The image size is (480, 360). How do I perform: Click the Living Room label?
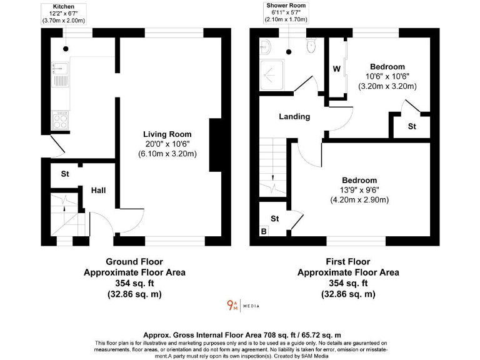(x=167, y=134)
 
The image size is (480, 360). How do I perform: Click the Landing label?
(x=294, y=116)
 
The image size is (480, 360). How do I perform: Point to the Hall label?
(x=99, y=190)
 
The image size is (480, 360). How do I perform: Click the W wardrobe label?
(x=336, y=69)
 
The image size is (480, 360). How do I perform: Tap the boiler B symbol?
(x=263, y=232)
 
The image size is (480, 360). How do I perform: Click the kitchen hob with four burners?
(x=62, y=117)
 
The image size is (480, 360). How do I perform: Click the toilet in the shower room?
(x=311, y=46)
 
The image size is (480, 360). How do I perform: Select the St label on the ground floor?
(x=64, y=174)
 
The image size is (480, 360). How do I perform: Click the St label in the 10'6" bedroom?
(x=412, y=126)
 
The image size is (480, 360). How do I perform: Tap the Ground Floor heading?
(x=134, y=262)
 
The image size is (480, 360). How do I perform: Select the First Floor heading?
(x=347, y=262)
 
